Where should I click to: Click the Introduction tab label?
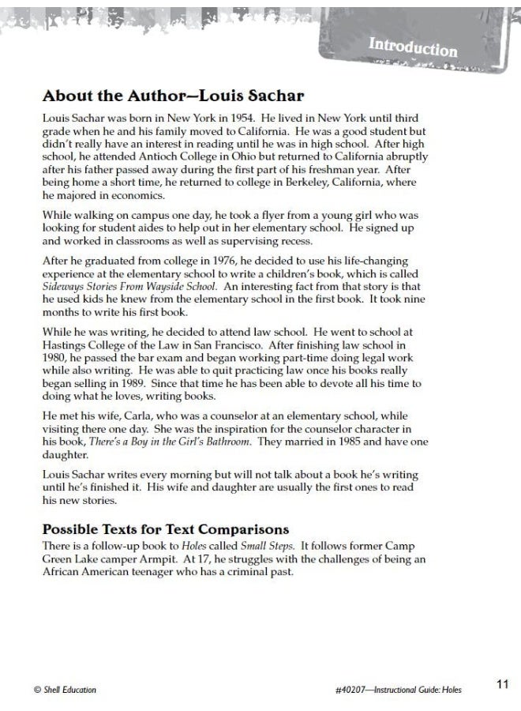(412, 47)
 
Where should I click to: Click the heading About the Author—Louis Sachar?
(173, 96)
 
